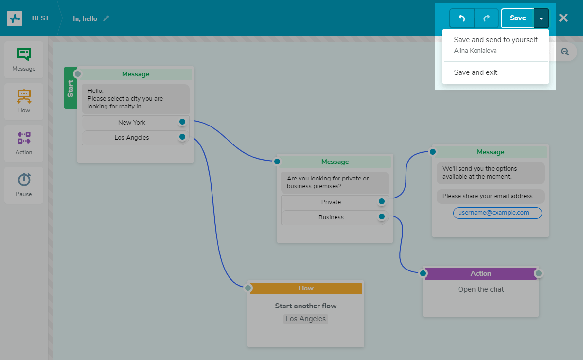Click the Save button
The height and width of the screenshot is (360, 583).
pos(517,18)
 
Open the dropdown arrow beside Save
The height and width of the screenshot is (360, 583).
pos(542,18)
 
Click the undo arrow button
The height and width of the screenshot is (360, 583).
pos(462,18)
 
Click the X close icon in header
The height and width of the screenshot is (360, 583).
pos(563,18)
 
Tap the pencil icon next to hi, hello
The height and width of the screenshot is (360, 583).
pos(106,18)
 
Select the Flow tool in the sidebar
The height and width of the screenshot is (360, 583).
pos(24,101)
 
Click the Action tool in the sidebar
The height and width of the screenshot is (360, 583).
pos(24,143)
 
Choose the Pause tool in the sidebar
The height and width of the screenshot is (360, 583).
pos(24,185)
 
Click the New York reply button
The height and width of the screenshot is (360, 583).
pos(132,123)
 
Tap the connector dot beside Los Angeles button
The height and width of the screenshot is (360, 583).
pos(182,137)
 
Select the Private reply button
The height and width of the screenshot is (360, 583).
pos(331,202)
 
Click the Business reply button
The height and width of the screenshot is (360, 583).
pos(331,217)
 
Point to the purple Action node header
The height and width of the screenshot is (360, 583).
pos(480,274)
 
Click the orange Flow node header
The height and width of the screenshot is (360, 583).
pos(305,288)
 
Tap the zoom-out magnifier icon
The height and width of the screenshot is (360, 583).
pos(565,52)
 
